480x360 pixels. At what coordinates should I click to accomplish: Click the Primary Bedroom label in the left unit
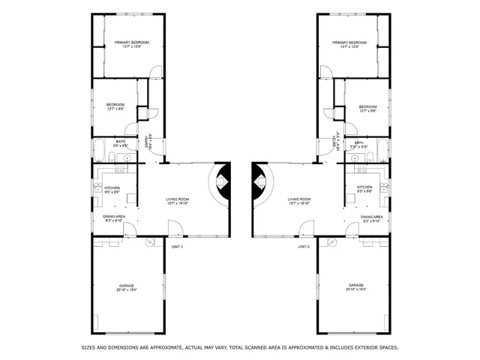[132, 43]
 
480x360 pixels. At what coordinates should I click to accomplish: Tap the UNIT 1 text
[177, 247]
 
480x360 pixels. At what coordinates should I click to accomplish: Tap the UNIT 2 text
[304, 247]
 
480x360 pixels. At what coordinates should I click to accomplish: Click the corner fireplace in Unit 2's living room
[258, 182]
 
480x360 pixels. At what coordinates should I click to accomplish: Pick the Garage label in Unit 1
[126, 286]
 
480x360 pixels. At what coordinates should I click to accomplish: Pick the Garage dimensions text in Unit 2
[355, 290]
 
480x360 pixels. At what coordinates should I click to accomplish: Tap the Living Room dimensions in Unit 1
[178, 203]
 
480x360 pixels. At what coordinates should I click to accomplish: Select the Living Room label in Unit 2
[300, 199]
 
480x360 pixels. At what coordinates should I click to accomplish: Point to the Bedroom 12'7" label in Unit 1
[115, 104]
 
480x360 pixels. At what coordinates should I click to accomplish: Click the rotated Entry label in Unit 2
[333, 142]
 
